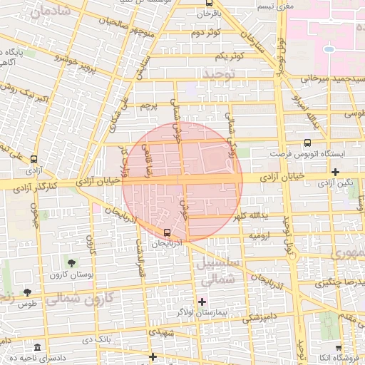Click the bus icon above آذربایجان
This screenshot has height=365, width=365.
[167, 232]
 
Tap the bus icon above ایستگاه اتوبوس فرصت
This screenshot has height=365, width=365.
[307, 143]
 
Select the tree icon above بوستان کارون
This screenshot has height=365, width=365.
[70, 264]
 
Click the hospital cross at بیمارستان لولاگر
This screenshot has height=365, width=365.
[202, 302]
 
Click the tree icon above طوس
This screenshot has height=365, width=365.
[27, 292]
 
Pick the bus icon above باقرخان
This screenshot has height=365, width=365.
[199, 4]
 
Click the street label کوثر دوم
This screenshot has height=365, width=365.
[206, 33]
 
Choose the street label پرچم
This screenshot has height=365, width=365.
[148, 106]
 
